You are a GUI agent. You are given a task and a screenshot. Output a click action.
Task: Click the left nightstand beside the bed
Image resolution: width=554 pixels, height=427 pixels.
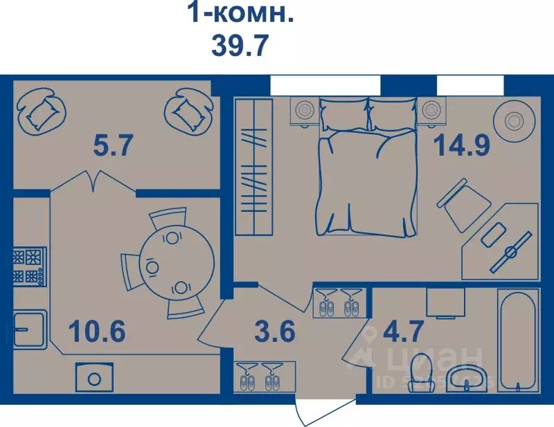click(x=303, y=112)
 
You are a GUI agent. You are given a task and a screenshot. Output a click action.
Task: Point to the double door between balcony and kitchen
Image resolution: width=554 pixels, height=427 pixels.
click(x=92, y=182)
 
